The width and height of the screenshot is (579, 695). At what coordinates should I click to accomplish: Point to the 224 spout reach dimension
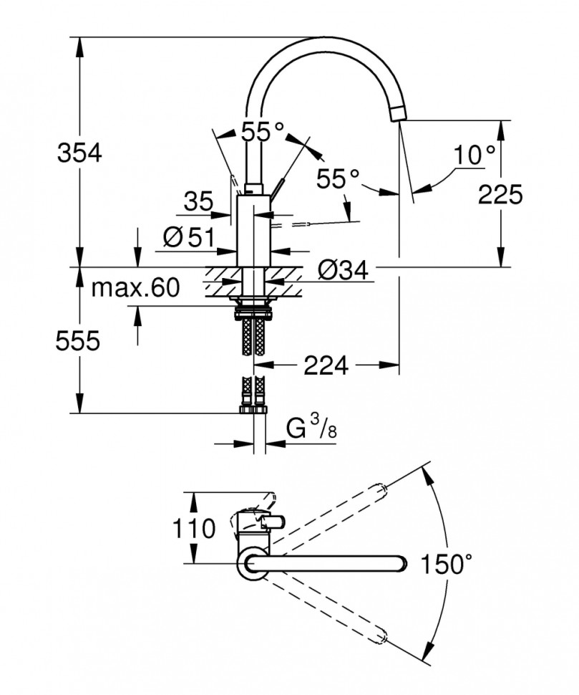coord(326,365)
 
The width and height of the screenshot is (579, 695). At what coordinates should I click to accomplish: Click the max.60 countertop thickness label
coord(135,288)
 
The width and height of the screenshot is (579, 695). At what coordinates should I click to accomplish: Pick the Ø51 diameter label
coord(188,238)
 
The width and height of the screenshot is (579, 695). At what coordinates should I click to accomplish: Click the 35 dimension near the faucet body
coord(198,202)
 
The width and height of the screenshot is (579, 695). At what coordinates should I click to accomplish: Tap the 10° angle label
coord(475,154)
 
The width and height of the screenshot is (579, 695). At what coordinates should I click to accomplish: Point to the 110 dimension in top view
coord(193,529)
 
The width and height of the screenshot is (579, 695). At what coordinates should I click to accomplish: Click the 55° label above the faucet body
coord(262,132)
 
